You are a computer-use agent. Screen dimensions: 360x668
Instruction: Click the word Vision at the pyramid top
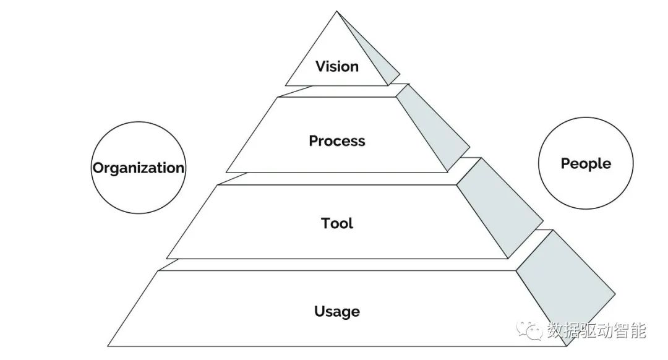pos(337,66)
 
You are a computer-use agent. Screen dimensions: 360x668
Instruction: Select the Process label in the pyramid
pos(337,141)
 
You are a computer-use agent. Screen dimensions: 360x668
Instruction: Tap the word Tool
pos(337,223)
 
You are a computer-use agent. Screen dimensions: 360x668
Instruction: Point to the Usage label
pos(337,311)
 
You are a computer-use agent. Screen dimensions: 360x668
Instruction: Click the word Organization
pos(139,168)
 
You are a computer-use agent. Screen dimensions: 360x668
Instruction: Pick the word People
pos(586,163)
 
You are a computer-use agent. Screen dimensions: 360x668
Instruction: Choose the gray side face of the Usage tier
pos(566,285)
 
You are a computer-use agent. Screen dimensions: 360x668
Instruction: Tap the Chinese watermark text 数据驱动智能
pos(596,331)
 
